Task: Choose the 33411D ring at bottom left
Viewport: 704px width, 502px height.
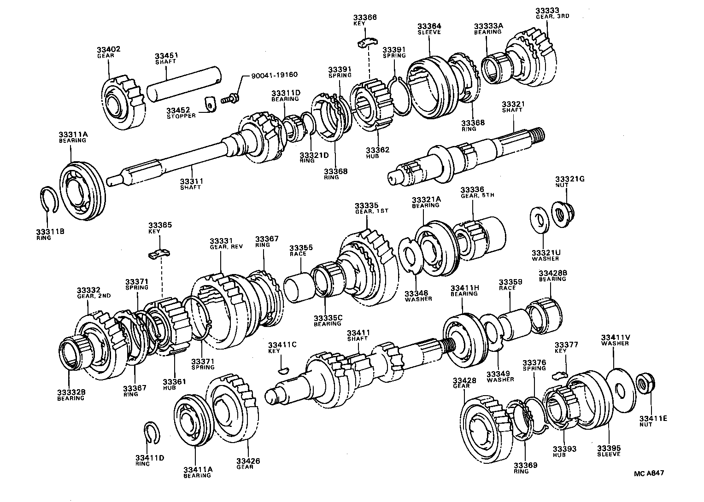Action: (x=152, y=433)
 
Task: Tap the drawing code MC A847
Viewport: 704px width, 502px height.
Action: (x=649, y=473)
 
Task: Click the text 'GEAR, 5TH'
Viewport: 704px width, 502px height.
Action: (x=477, y=195)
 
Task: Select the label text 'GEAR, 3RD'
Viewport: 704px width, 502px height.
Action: (x=552, y=16)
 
